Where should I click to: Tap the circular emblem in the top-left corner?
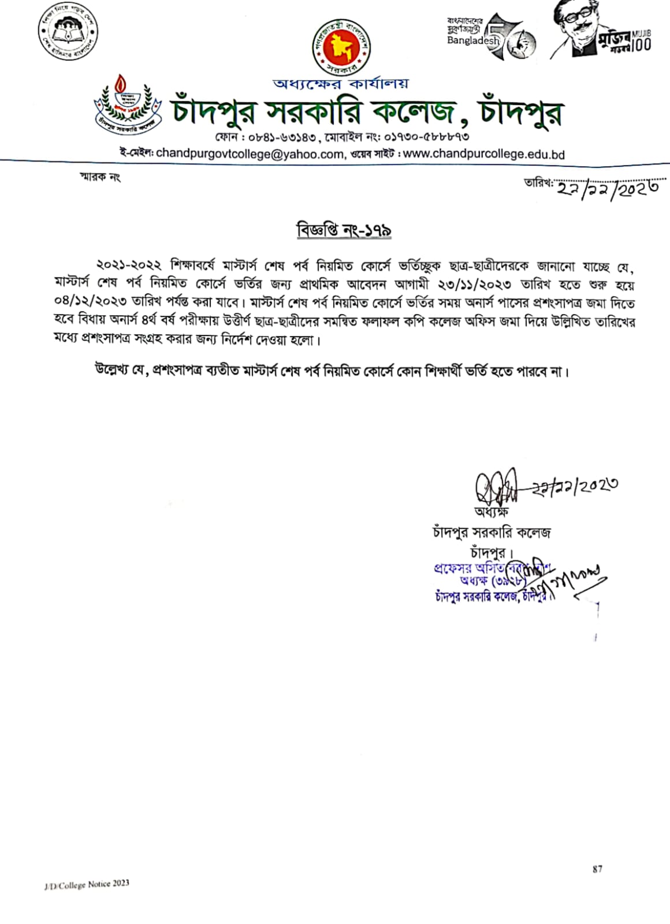pos(68,36)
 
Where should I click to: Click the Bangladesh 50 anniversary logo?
pos(491,36)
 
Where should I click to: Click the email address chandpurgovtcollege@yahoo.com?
pos(250,154)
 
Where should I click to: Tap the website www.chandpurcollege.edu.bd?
pos(483,154)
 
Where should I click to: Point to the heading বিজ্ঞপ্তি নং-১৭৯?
pos(344,230)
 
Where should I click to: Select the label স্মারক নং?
pos(100,177)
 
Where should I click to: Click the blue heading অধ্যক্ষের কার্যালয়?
pos(341,84)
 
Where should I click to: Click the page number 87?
pos(597,869)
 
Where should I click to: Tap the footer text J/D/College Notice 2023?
pos(87,884)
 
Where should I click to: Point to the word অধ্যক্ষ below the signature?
pos(491,512)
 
